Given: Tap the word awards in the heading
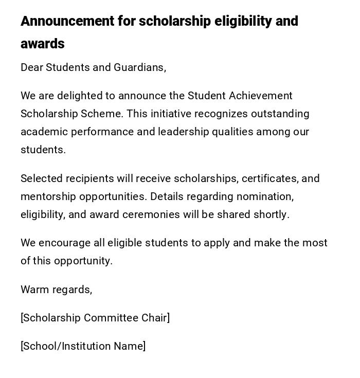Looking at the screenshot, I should [43, 44].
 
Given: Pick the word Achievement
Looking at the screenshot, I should [261, 96].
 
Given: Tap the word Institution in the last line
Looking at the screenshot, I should [87, 346].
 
